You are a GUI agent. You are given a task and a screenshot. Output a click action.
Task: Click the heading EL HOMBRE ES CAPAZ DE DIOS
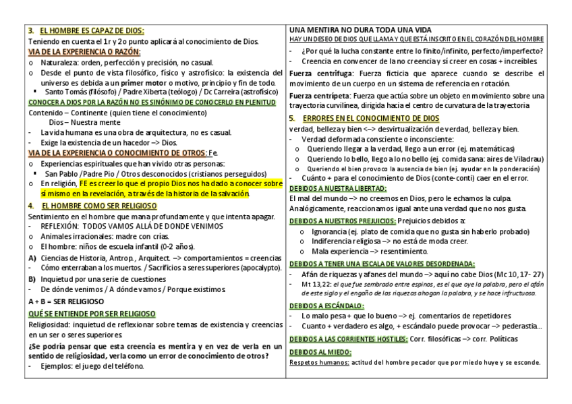[x=91, y=30]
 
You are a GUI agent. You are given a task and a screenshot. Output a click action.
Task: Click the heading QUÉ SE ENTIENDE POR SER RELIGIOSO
[x=92, y=314]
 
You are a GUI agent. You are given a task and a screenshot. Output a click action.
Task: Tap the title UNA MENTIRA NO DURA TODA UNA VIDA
[x=360, y=30]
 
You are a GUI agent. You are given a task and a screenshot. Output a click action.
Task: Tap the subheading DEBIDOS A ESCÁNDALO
[x=320, y=306]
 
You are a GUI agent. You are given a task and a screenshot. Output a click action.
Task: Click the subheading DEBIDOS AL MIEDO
[x=314, y=351]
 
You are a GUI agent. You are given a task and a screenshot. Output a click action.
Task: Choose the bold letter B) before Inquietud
[x=32, y=279]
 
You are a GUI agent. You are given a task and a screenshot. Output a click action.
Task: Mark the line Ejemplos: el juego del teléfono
[x=90, y=366]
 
